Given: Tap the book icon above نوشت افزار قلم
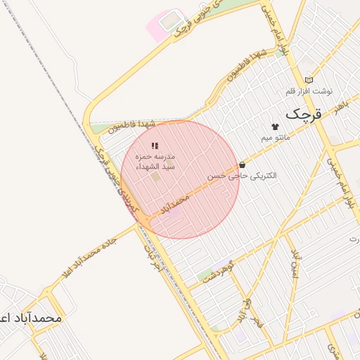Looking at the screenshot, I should tap(309, 81).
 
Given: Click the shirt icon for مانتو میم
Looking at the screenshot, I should tap(274, 127).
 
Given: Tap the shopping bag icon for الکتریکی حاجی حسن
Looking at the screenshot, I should tap(243, 165).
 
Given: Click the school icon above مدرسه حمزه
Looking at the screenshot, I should tap(155, 145).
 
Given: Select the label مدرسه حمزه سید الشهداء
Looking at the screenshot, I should tap(155, 161).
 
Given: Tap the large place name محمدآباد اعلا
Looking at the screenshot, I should tap(32, 318).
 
